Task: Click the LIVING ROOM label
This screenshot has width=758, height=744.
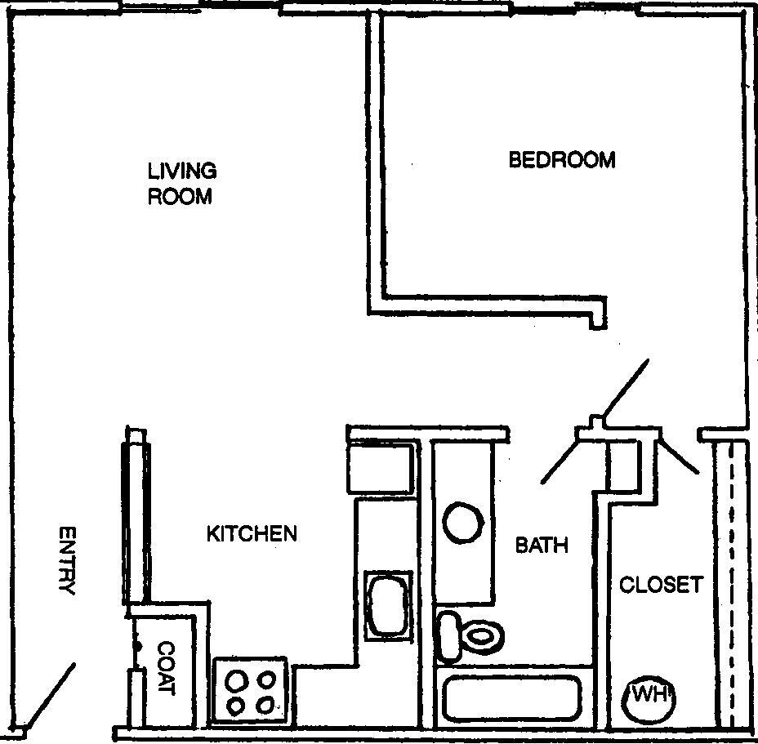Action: pyautogui.click(x=181, y=184)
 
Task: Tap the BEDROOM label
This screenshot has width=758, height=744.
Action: pyautogui.click(x=562, y=159)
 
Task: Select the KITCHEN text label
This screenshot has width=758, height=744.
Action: pyautogui.click(x=251, y=534)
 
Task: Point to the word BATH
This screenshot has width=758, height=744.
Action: pyautogui.click(x=541, y=545)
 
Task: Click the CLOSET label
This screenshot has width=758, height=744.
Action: pyautogui.click(x=661, y=585)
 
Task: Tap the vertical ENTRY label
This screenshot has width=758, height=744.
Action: pyautogui.click(x=68, y=560)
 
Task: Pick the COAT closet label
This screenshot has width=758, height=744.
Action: pyautogui.click(x=166, y=667)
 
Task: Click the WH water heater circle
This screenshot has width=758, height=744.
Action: pyautogui.click(x=651, y=697)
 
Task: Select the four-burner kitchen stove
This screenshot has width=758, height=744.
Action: pyautogui.click(x=251, y=691)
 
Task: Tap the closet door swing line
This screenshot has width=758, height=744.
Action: pyautogui.click(x=680, y=455)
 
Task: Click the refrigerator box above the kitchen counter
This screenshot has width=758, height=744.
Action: pyautogui.click(x=382, y=469)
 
